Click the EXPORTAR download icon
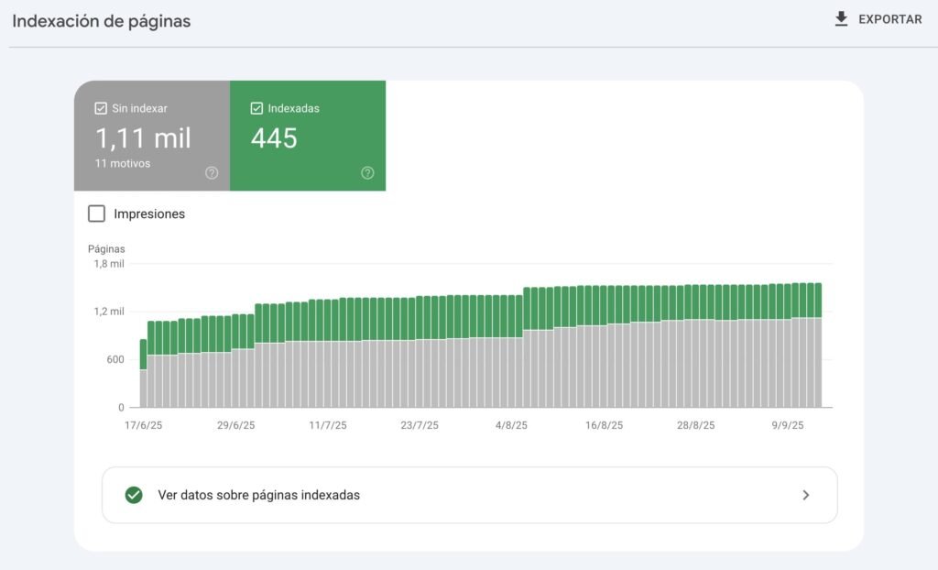(x=841, y=19)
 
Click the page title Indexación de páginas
(x=102, y=21)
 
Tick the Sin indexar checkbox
(x=101, y=108)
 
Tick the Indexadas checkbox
(x=256, y=108)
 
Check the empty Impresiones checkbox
(x=96, y=214)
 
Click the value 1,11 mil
(x=143, y=138)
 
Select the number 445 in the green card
(x=274, y=138)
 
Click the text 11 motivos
(x=123, y=164)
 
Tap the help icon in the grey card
(x=212, y=172)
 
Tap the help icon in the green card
(x=367, y=172)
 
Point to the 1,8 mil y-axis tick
(x=108, y=264)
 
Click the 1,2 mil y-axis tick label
(x=108, y=312)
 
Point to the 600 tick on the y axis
(x=114, y=359)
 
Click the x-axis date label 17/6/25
(x=144, y=425)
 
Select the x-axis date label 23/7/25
(x=420, y=425)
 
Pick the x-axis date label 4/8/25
(x=511, y=425)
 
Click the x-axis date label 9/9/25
(x=787, y=425)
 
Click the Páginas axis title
(x=106, y=248)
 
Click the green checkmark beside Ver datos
(x=134, y=495)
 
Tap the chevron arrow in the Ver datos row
(x=806, y=495)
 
